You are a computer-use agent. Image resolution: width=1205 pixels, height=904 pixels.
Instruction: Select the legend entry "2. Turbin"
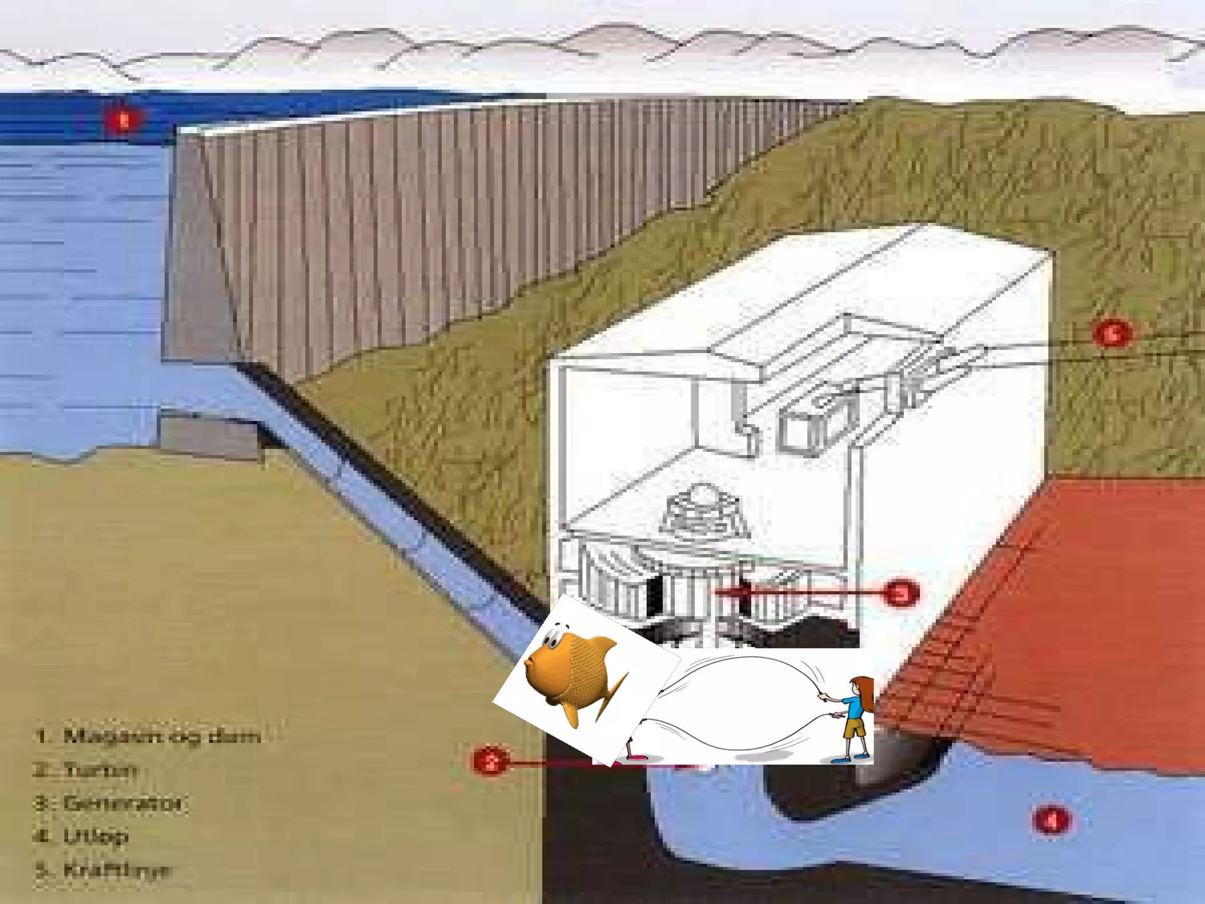click(x=86, y=770)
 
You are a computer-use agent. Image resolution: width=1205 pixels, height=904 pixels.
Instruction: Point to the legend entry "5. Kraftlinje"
click(x=104, y=870)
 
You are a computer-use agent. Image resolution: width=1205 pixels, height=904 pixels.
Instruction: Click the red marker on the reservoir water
click(x=123, y=120)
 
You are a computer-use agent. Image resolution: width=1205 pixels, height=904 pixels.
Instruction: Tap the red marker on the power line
click(x=1111, y=334)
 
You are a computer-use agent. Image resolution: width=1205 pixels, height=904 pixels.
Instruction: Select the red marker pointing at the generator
click(x=900, y=593)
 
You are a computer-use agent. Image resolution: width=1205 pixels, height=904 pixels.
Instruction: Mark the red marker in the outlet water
click(x=1051, y=820)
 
